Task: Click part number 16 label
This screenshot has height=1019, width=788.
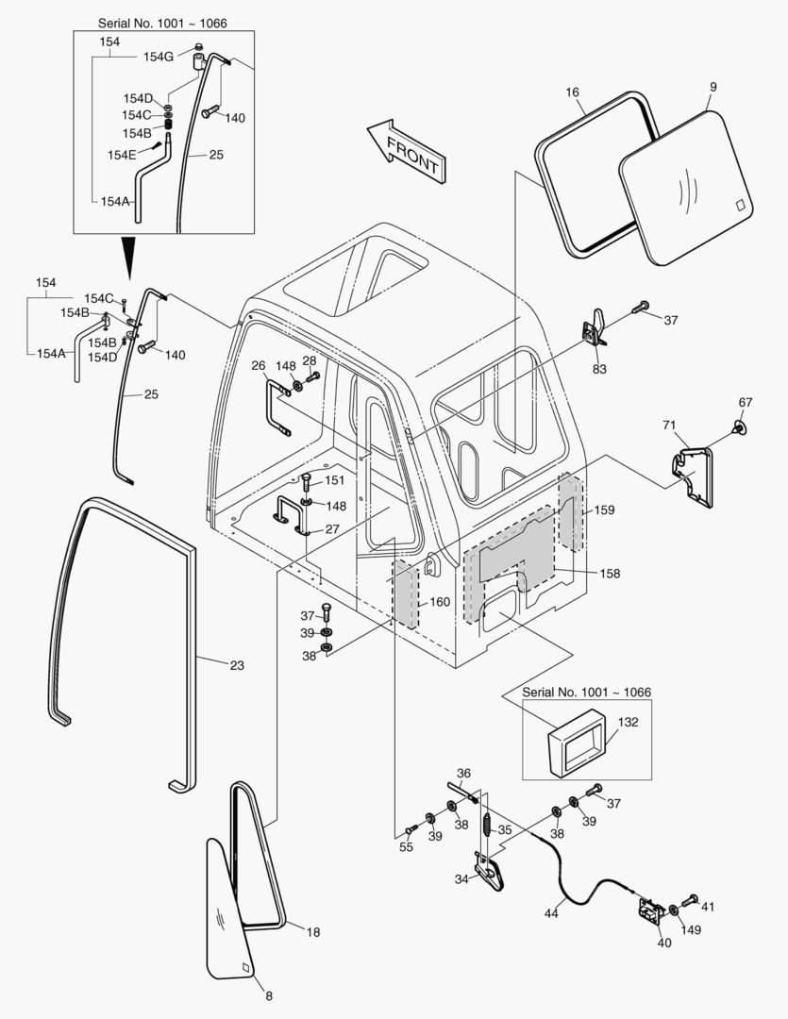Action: tap(572, 94)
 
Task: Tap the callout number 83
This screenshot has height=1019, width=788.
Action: tap(600, 369)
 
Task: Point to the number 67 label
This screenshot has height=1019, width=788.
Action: tap(746, 403)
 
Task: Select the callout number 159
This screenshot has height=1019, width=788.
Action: tap(604, 510)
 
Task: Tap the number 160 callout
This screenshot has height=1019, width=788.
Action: tap(441, 601)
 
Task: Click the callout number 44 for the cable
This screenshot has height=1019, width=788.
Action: tap(551, 913)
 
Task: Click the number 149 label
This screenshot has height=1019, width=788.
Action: tap(692, 929)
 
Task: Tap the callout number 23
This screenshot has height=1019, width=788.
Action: tap(237, 666)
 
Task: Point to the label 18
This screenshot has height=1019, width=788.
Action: tap(313, 931)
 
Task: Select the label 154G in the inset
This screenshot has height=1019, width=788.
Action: tap(158, 57)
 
